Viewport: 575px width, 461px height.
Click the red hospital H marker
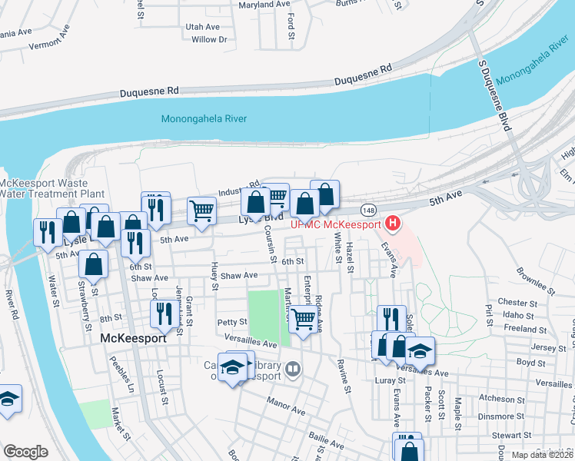pos(393,224)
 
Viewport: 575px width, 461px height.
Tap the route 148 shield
pos(370,210)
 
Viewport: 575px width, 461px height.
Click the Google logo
pos(25,452)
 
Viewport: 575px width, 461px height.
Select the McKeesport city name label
pos(134,337)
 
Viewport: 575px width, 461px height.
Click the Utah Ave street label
pos(203,27)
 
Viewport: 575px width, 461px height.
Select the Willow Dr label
pos(209,39)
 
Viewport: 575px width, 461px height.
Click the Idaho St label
pos(520,315)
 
